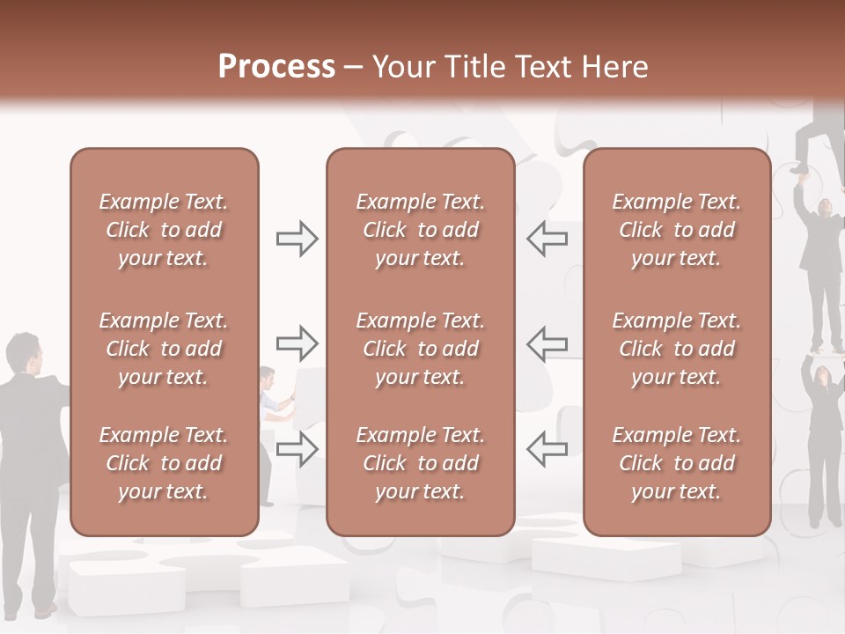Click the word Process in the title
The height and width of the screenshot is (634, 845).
[276, 67]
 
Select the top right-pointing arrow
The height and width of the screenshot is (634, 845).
[298, 239]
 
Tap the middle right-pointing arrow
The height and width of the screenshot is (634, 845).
[298, 343]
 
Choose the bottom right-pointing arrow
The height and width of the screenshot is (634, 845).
[298, 448]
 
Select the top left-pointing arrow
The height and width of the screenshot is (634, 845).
[547, 239]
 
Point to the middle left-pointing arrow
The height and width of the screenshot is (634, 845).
[547, 343]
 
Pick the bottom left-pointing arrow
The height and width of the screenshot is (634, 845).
[547, 448]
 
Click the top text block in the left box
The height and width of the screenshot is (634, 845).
[164, 230]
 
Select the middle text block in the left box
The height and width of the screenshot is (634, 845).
[164, 349]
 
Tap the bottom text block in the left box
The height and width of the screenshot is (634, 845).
[164, 463]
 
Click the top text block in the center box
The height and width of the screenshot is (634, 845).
[421, 230]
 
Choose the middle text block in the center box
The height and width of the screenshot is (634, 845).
[421, 349]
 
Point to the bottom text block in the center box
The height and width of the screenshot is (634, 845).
[421, 463]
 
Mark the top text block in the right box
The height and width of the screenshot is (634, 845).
[677, 230]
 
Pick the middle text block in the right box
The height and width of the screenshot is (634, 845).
[677, 349]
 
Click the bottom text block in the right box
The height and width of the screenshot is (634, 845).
[677, 463]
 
